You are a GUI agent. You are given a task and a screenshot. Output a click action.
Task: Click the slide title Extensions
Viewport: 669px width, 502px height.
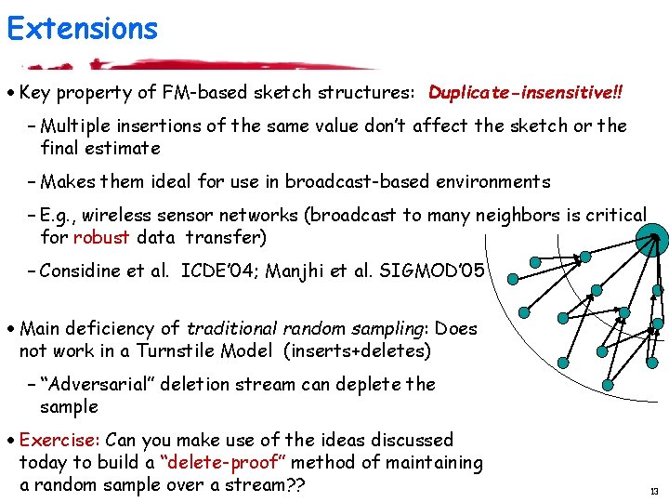click(x=82, y=29)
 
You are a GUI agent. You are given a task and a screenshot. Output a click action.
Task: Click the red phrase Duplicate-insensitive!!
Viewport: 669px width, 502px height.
click(x=526, y=93)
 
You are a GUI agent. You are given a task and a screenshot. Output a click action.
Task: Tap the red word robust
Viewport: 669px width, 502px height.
click(x=100, y=237)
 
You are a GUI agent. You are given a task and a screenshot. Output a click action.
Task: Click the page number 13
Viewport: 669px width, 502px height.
click(x=654, y=491)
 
